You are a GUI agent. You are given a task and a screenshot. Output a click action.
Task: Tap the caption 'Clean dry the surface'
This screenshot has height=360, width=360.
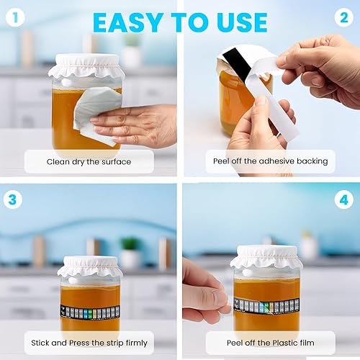pos(89,161)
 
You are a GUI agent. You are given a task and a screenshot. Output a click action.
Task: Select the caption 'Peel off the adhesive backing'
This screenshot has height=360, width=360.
pos(270,161)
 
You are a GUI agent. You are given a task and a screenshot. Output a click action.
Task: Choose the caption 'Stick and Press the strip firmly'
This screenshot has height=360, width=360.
pos(89,342)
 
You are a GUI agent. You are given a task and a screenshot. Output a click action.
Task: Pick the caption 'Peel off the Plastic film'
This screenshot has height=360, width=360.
pos(270,342)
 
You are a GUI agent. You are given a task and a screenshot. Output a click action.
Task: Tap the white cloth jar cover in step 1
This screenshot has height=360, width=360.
pos(87,66)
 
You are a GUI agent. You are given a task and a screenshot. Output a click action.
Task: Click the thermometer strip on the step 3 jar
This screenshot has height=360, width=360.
pos(90,312)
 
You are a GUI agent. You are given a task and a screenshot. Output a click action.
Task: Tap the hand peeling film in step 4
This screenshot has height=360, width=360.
pos(202,292)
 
